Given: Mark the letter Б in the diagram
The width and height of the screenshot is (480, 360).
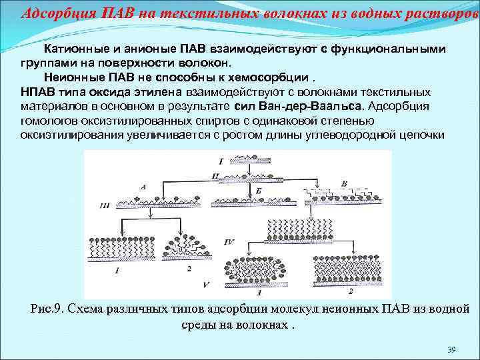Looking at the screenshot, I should (258, 191).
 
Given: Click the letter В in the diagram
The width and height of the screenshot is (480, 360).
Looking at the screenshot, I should (344, 184).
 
